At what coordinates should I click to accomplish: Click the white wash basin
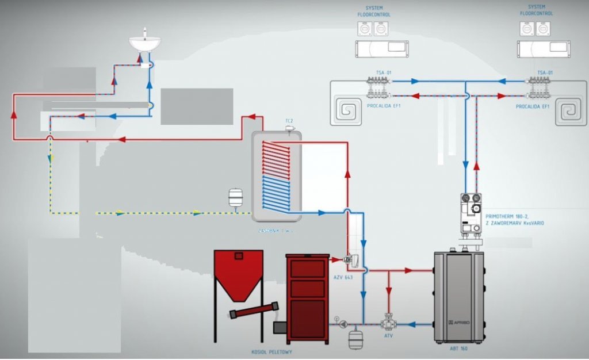(144, 43)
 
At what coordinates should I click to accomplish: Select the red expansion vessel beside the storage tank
(235, 197)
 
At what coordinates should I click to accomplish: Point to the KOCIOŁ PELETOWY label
(266, 352)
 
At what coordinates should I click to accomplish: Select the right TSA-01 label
(545, 72)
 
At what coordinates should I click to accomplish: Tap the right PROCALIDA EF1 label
(533, 106)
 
